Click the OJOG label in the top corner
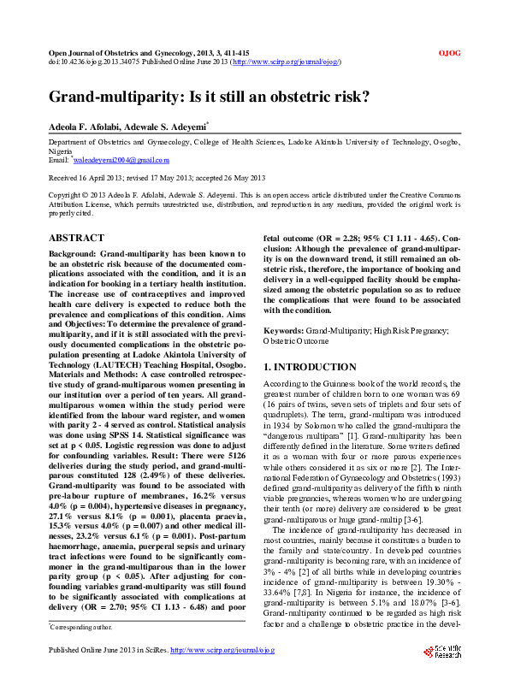450,53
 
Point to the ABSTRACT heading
76,238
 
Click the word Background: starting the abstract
73,255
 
